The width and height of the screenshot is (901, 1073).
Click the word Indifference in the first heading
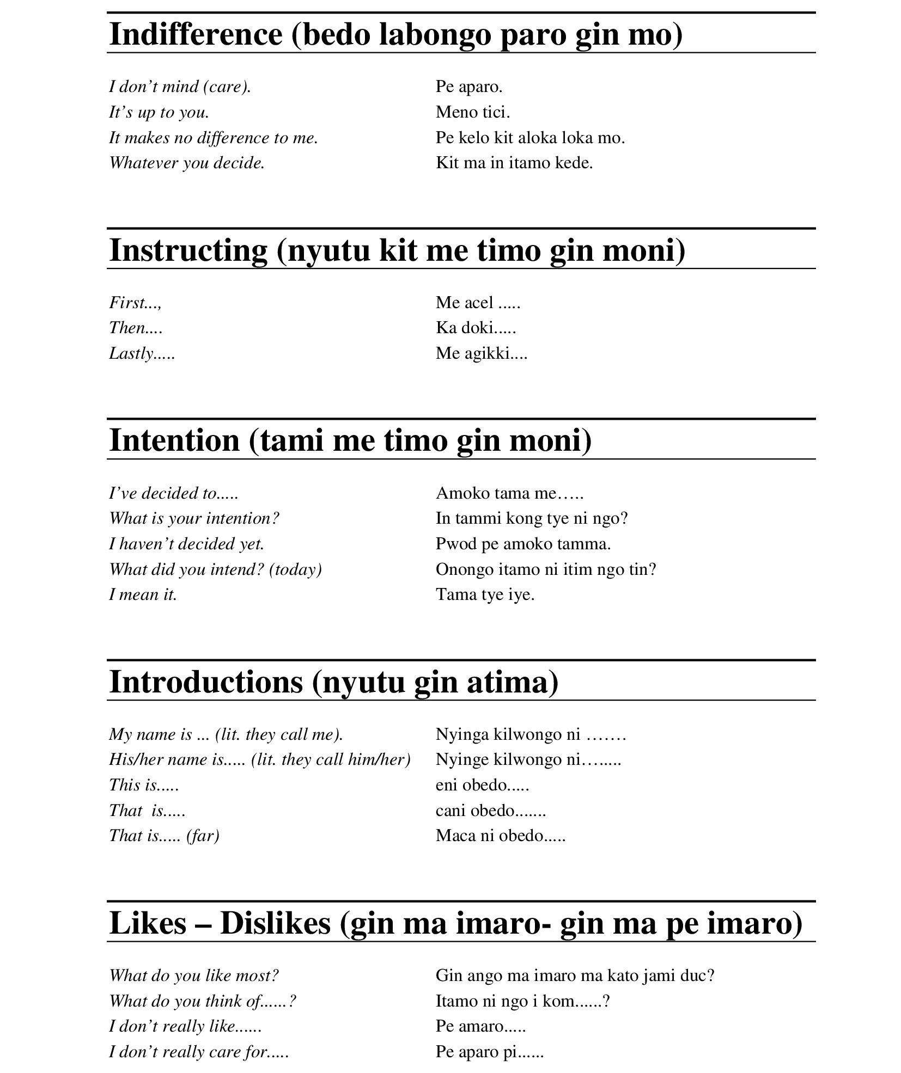click(x=196, y=34)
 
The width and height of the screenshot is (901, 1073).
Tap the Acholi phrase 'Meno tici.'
click(x=472, y=112)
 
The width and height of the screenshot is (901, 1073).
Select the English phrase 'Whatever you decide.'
click(x=187, y=163)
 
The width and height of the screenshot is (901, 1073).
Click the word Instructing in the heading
click(x=188, y=250)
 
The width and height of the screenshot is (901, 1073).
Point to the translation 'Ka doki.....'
click(x=476, y=328)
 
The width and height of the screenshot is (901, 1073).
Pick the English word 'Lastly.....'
click(x=142, y=353)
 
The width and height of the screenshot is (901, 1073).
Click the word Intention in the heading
click(x=174, y=440)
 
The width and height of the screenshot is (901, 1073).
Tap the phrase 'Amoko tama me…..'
click(x=509, y=493)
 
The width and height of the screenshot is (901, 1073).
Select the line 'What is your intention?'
click(x=194, y=518)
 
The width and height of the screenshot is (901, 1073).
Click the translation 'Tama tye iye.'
click(x=485, y=594)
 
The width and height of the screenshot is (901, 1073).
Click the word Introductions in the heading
click(x=206, y=682)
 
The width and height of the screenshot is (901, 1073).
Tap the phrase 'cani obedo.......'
click(x=490, y=811)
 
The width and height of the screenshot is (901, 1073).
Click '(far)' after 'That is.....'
click(x=203, y=836)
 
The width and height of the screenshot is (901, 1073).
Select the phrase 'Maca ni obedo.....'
click(x=500, y=836)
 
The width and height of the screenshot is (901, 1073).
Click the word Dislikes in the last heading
click(x=275, y=923)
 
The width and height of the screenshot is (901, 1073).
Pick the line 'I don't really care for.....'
click(x=198, y=1052)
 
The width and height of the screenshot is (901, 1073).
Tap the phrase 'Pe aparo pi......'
click(x=489, y=1052)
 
